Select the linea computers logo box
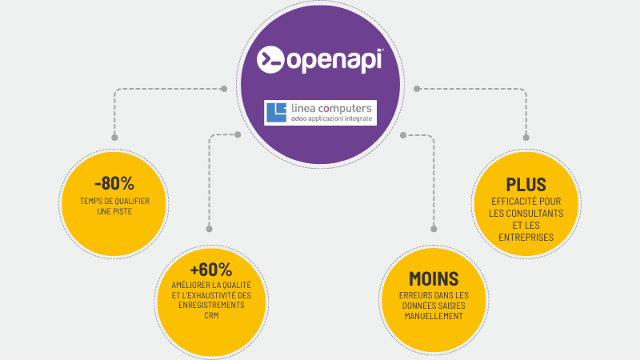point(320,112)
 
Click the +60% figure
point(210,269)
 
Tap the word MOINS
point(433,278)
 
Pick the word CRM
point(211,316)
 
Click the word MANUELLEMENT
point(433,316)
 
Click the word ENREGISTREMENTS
point(211,306)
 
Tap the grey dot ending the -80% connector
point(224,89)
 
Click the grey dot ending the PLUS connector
point(416,89)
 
